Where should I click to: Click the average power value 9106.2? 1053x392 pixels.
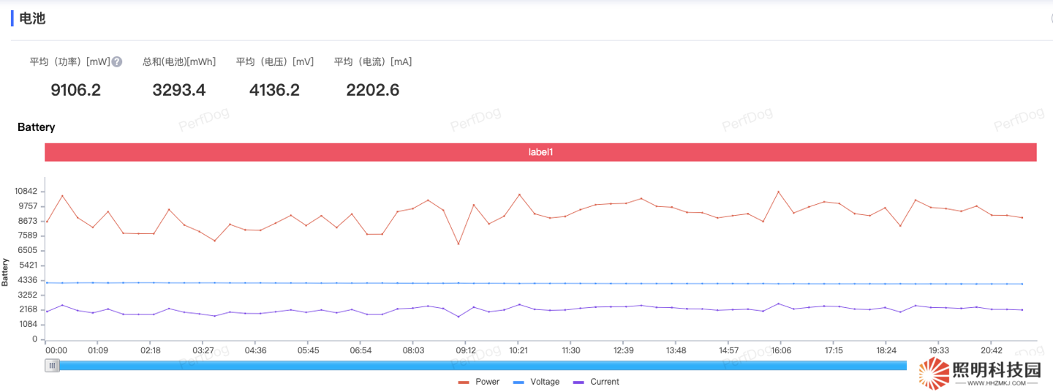[x=75, y=91]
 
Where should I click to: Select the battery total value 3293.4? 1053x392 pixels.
[x=179, y=91]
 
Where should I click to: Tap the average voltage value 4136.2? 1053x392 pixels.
[x=274, y=91]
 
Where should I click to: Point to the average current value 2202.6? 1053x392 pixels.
[x=372, y=91]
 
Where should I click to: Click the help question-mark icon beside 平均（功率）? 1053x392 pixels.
[x=117, y=62]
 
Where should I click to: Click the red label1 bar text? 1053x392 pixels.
[x=540, y=152]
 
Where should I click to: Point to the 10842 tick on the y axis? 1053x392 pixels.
[x=26, y=191]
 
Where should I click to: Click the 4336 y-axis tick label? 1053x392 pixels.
[x=28, y=280]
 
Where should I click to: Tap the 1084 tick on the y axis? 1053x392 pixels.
[x=28, y=325]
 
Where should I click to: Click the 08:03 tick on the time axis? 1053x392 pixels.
[x=413, y=351]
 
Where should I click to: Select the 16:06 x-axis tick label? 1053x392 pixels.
[x=781, y=351]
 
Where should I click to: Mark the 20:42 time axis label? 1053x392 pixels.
[x=991, y=351]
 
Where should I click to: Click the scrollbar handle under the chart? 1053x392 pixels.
[x=52, y=366]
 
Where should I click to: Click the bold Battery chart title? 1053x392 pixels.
[x=37, y=127]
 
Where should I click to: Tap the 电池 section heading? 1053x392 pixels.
[x=32, y=18]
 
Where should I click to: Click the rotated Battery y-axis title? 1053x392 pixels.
[x=5, y=271]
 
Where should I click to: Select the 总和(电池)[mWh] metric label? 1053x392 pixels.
[x=179, y=62]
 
